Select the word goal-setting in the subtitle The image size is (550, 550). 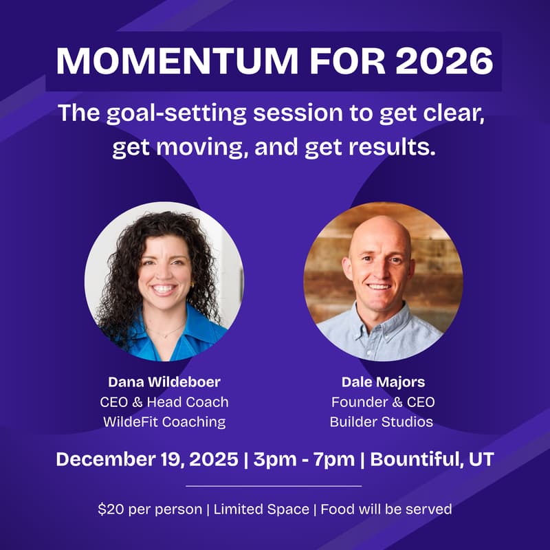[184, 113]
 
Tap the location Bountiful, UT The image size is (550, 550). [432, 459]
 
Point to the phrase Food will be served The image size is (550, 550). [386, 509]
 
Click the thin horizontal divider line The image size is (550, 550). [274, 485]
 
